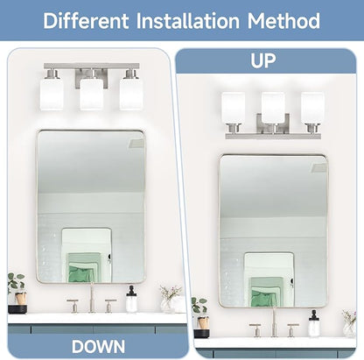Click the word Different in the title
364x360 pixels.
pyautogui.click(x=86, y=21)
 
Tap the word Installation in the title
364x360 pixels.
pyautogui.click(x=188, y=21)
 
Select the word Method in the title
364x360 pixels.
pyautogui.click(x=283, y=21)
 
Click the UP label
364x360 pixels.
pyautogui.click(x=263, y=60)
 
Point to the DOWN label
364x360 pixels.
pyautogui.click(x=98, y=347)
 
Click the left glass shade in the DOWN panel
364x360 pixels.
pyautogui.click(x=52, y=95)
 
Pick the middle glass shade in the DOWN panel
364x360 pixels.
pyautogui.click(x=91, y=95)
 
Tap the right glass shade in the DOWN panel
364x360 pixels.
pyautogui.click(x=131, y=95)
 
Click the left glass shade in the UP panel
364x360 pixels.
pyautogui.click(x=233, y=108)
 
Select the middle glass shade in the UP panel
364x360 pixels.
pyautogui.click(x=273, y=108)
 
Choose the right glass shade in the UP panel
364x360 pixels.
pyautogui.click(x=312, y=108)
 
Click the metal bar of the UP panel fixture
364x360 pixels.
pyautogui.click(x=273, y=136)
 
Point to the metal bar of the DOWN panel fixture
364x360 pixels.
pyautogui.click(x=91, y=67)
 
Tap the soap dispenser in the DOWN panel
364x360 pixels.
pyautogui.click(x=131, y=300)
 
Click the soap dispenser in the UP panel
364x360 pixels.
pyautogui.click(x=314, y=324)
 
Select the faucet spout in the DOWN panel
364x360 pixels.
pyautogui.click(x=92, y=298)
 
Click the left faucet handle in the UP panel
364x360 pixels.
pyautogui.click(x=256, y=330)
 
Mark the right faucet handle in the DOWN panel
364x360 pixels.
pyautogui.click(x=110, y=306)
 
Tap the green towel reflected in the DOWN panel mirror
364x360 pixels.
pyautogui.click(x=85, y=268)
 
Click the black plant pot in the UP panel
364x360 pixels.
pyautogui.click(x=201, y=334)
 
